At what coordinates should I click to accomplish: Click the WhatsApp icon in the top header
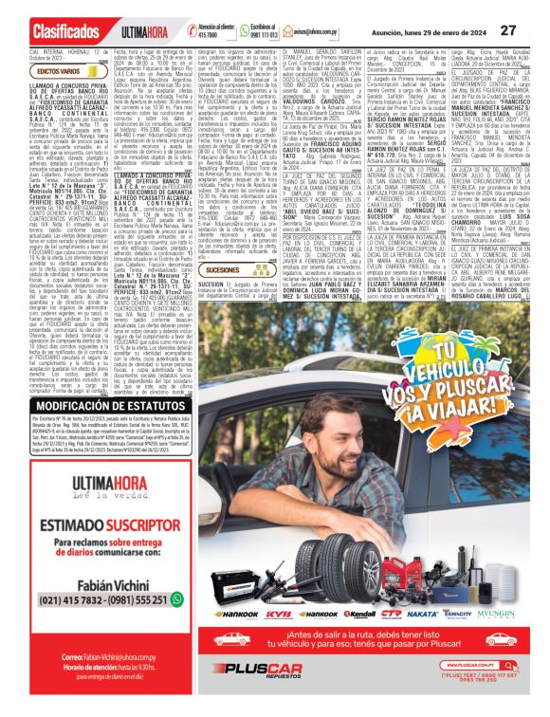click(229, 32)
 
